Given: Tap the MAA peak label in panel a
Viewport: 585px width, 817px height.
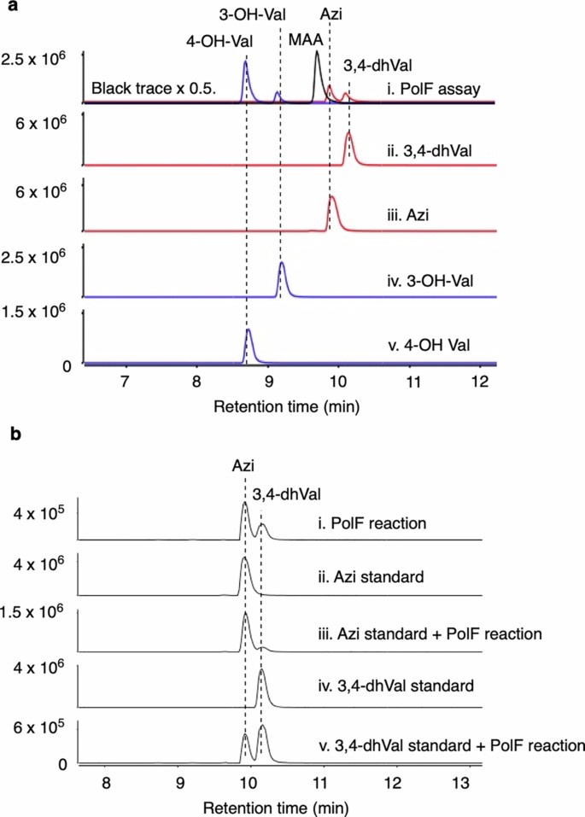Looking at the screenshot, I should (299, 39).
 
